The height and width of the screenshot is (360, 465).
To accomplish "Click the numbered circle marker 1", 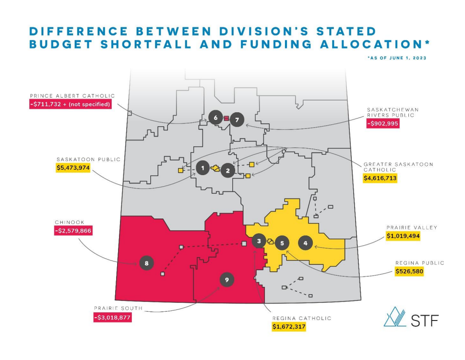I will pos(202,168).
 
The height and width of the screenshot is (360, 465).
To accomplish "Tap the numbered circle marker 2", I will pos(227,170).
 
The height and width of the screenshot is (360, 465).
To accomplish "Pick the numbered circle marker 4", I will pos(305,243).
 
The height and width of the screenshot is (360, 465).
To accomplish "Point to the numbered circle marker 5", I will pos(282,243).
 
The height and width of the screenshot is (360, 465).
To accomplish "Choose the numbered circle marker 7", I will pos(237,119).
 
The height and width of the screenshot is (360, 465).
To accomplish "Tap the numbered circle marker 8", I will pos(146,263).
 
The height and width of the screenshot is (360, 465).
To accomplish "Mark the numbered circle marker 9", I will pos(226,280).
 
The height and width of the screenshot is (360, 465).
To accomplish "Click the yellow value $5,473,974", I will pos(74,168).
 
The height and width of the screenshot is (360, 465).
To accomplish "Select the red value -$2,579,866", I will pos(74,231).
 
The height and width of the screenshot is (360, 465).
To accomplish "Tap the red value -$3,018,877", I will pos(113,317).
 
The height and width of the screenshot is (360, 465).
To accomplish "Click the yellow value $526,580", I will pos(409,271).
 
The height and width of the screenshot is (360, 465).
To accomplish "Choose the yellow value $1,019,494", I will pos(403,236).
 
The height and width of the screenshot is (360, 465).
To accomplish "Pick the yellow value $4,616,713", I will pos(380,179).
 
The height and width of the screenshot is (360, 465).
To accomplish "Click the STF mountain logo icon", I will pos(395,317).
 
